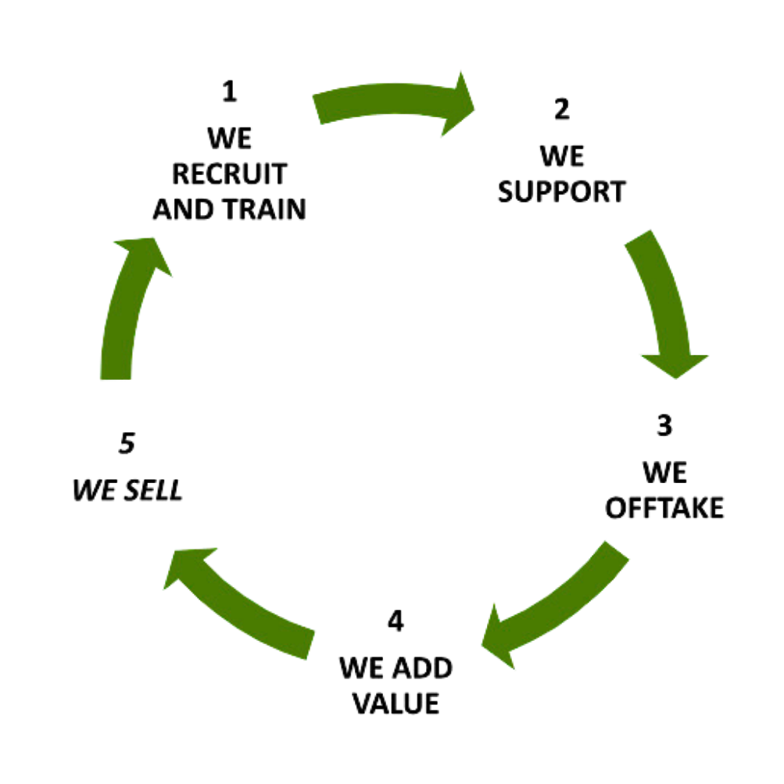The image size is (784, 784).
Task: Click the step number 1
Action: (x=230, y=93)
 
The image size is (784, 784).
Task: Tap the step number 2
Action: (x=560, y=109)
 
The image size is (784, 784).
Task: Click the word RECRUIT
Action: (x=229, y=174)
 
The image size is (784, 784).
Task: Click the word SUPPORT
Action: (x=561, y=191)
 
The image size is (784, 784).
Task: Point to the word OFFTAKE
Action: (x=665, y=508)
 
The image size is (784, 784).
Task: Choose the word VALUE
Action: (x=396, y=703)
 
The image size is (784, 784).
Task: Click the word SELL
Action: (x=153, y=491)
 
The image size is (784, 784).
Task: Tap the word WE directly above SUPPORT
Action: (x=561, y=156)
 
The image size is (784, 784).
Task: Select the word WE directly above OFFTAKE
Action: (x=665, y=472)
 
